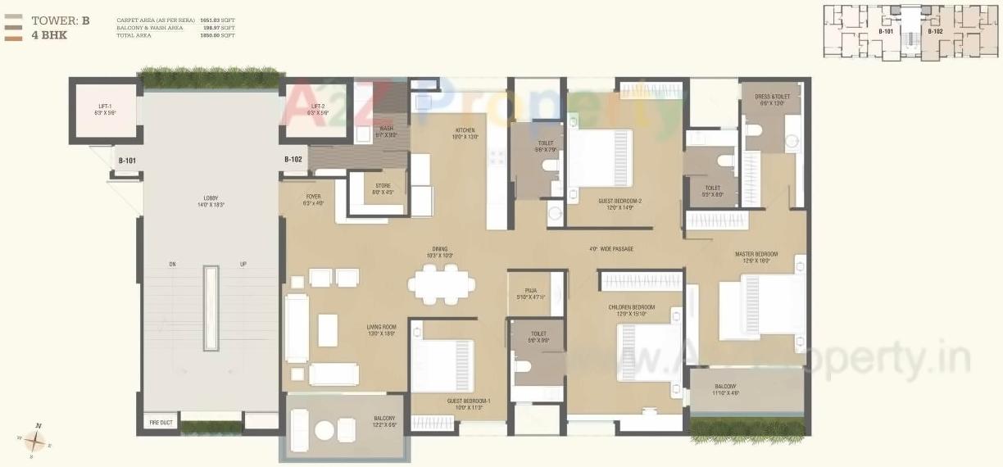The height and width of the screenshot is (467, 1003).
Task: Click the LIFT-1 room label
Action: [104, 107]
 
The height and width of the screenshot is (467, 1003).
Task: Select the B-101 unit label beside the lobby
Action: [126, 161]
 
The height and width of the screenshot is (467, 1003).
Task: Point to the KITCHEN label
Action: [465, 130]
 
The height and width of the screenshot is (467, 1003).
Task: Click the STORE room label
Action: [383, 186]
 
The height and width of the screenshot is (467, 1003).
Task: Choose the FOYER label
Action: [313, 197]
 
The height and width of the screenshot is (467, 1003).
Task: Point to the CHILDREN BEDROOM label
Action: [632, 307]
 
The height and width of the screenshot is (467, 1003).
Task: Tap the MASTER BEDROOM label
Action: [756, 254]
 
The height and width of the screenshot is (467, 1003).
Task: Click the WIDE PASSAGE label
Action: [610, 249]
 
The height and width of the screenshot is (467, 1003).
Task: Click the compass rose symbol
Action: [35, 442]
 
